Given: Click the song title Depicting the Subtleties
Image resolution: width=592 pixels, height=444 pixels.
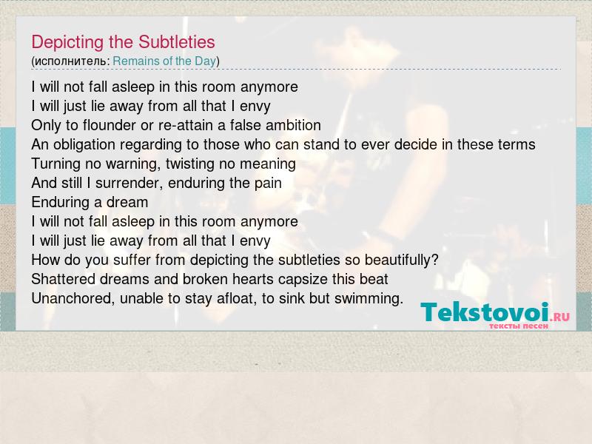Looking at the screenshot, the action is click(123, 42).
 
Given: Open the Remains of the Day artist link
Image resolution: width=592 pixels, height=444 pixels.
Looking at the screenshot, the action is click(164, 61).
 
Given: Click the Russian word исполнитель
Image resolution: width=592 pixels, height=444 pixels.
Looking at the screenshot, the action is click(70, 61).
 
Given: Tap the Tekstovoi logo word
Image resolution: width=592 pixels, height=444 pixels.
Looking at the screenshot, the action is click(485, 312).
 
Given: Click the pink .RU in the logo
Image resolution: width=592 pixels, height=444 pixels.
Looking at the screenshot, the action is click(559, 317).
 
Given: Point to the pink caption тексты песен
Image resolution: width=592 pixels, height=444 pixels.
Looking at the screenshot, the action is click(519, 326).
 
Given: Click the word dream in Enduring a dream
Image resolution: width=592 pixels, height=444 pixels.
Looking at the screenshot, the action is click(127, 202).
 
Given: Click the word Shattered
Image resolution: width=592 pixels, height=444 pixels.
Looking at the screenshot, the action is click(64, 280).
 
